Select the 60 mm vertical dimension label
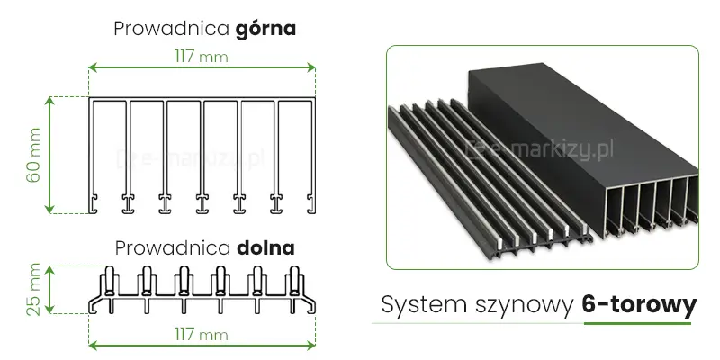[x=34, y=155]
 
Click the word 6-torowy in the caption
[x=634, y=305]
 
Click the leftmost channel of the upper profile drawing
[x=109, y=148]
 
